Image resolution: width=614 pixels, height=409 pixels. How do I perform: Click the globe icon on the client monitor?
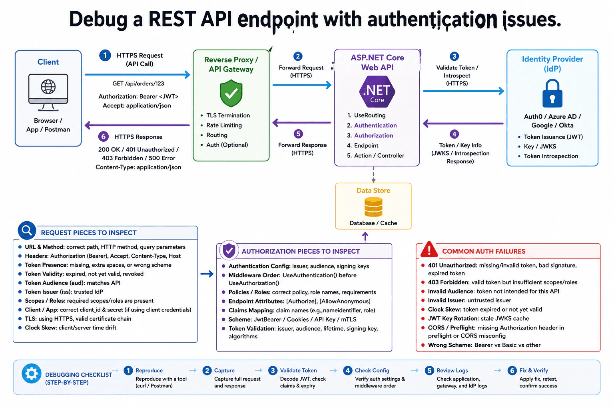[x=48, y=87]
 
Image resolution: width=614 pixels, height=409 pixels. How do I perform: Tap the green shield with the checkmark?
[x=231, y=93]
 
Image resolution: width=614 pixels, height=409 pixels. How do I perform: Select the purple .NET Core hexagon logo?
[x=377, y=91]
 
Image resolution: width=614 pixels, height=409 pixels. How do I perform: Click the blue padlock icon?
[x=552, y=93]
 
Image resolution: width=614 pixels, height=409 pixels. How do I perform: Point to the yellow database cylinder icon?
[x=373, y=207]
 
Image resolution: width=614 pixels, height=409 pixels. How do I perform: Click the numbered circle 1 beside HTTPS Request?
[x=105, y=56]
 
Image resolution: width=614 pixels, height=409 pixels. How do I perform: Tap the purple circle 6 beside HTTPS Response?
[x=104, y=137]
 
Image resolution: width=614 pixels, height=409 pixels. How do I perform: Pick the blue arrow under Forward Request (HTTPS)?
[x=302, y=85]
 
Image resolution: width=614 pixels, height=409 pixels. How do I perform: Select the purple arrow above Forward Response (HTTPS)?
[x=302, y=123]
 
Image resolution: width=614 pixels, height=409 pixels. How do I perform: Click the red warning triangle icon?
[x=429, y=249]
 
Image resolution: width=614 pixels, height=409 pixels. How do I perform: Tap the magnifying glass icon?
[x=27, y=230]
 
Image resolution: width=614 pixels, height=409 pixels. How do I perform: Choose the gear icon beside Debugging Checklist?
[x=32, y=373]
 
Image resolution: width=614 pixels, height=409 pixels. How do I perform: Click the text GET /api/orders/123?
[x=138, y=83]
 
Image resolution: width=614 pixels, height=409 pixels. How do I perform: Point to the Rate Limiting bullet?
[x=224, y=125]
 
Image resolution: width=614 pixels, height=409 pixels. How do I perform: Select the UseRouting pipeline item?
[x=369, y=115]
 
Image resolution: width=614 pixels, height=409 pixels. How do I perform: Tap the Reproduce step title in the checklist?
[x=149, y=370]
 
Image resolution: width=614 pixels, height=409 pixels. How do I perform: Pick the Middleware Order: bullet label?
[x=255, y=275]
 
